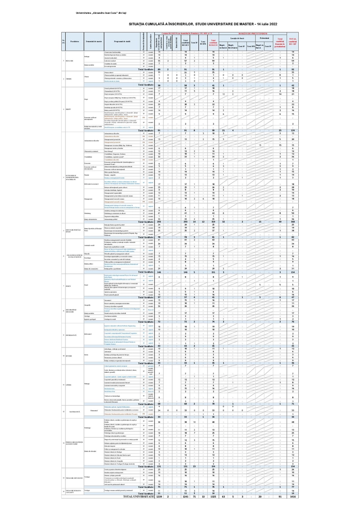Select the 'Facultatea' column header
pos(75,41)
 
